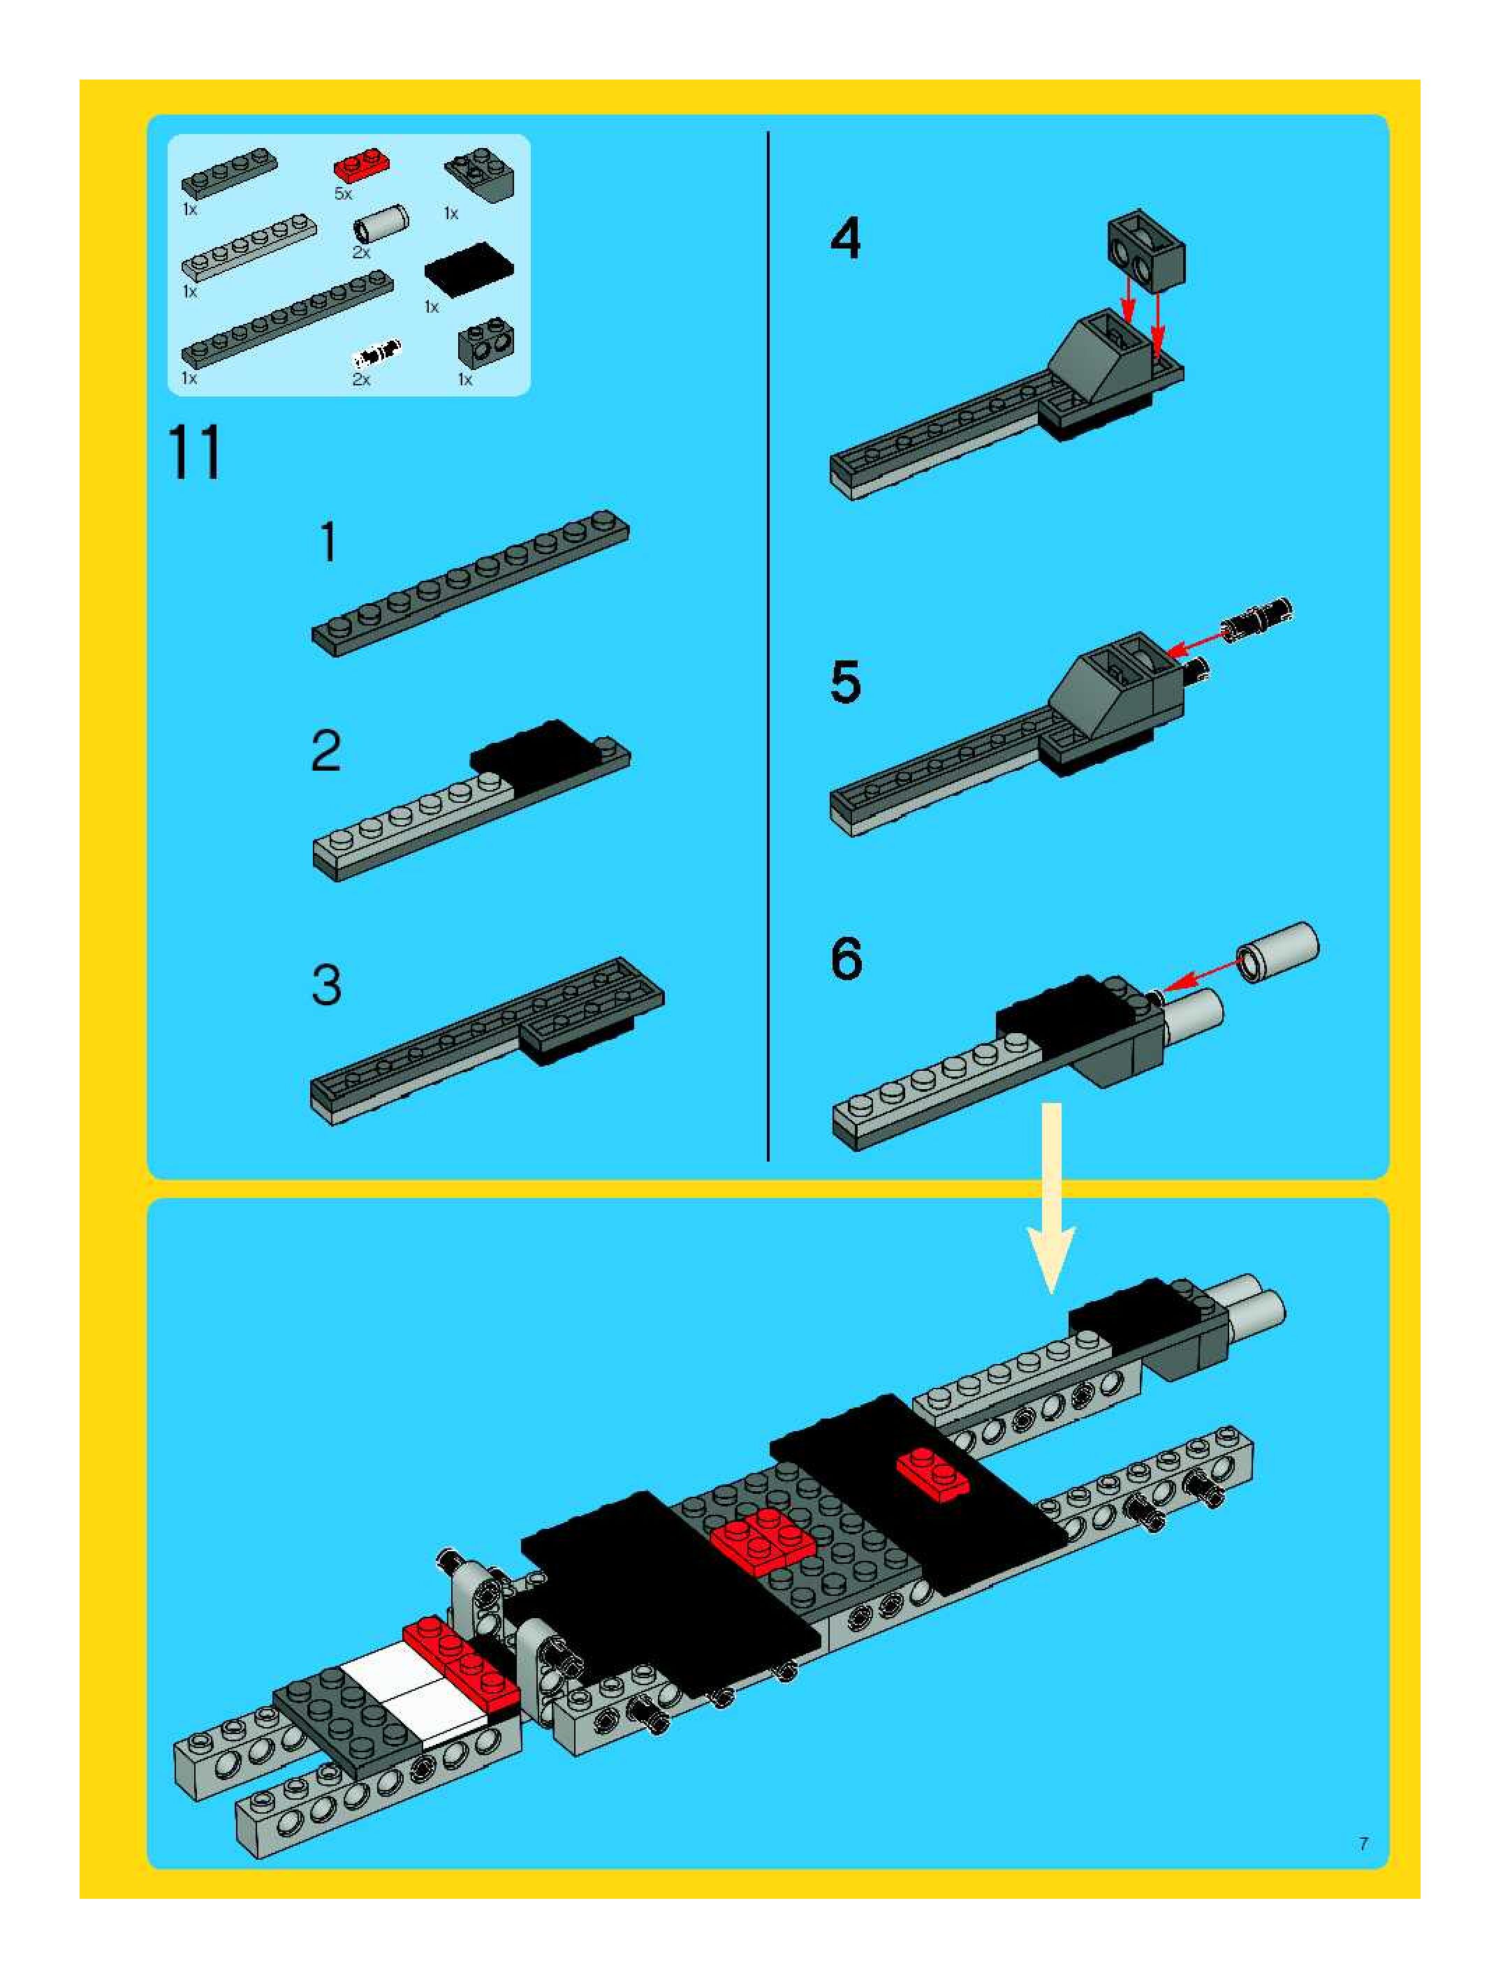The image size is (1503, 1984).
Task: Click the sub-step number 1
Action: pos(328,542)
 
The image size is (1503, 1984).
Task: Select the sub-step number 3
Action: pos(327,985)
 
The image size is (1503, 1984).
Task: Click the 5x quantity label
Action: pos(344,194)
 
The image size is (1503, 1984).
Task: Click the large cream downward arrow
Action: pos(1050,1199)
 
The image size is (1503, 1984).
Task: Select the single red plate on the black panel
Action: pos(933,1474)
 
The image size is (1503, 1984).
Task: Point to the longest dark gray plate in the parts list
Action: pos(287,319)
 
